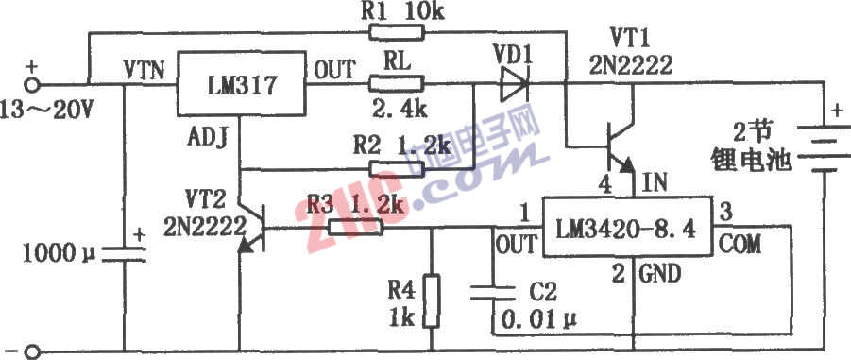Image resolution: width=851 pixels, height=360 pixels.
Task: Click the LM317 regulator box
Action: [x=240, y=87]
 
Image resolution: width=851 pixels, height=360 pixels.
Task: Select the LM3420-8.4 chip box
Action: [x=625, y=229]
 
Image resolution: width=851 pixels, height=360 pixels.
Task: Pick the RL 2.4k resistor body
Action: [x=398, y=87]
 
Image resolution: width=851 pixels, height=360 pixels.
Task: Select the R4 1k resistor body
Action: [x=431, y=300]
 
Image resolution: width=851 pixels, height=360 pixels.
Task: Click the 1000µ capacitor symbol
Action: [x=124, y=252]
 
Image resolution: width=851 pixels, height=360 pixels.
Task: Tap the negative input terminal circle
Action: [x=31, y=351]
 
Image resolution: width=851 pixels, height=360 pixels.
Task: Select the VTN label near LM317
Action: [x=144, y=69]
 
